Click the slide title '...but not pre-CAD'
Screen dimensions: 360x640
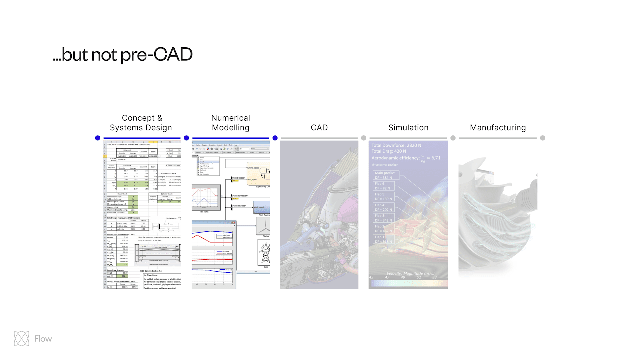click(123, 54)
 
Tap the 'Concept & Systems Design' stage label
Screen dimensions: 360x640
click(141, 123)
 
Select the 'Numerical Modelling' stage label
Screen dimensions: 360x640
click(231, 123)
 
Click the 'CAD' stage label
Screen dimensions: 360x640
click(319, 128)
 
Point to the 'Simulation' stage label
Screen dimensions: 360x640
click(408, 128)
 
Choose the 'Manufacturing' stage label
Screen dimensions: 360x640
click(498, 128)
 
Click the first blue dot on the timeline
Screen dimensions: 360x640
click(98, 138)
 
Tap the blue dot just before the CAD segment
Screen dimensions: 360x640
click(275, 138)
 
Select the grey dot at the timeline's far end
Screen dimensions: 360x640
click(543, 138)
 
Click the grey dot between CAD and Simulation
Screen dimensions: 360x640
click(364, 138)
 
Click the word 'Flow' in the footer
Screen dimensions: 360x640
click(43, 339)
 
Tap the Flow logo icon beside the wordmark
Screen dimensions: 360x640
click(22, 339)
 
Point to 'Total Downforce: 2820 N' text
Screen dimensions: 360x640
click(396, 145)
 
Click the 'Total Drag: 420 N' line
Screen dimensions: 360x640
click(389, 151)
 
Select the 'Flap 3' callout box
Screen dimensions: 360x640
click(383, 218)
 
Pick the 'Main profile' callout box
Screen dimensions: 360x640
click(385, 175)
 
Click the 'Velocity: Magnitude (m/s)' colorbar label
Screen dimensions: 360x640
click(410, 273)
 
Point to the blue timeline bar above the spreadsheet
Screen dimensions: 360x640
click(142, 138)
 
